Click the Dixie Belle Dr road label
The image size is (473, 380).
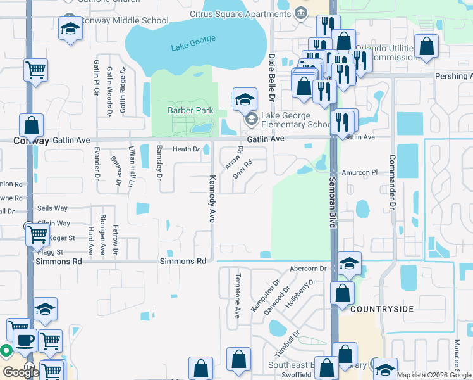[x=272, y=77]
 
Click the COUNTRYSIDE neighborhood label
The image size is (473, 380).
[x=381, y=308]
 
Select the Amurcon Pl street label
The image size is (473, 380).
[x=359, y=172]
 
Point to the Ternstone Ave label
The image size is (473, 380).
[x=238, y=295]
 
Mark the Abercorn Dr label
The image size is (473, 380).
[x=307, y=269]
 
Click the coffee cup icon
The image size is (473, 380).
[x=25, y=340]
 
